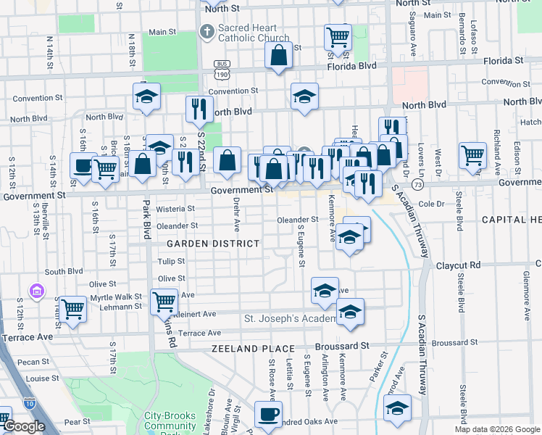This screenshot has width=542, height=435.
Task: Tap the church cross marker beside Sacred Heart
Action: point(207,32)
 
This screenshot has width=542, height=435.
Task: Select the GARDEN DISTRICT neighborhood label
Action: point(213,244)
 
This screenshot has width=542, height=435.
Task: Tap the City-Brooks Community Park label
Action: point(170,420)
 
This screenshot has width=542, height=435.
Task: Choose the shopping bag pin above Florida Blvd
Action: point(278,56)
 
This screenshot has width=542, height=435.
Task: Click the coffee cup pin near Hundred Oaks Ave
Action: point(268,415)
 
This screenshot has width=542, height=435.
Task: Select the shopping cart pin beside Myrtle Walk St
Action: point(72,309)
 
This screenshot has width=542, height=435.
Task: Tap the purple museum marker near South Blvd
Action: point(36,291)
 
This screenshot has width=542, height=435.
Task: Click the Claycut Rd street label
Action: point(459,265)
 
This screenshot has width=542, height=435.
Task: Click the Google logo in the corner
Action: point(24,426)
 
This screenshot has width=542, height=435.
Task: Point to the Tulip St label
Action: point(172,261)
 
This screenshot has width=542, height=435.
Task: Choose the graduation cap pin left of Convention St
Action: point(146,96)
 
